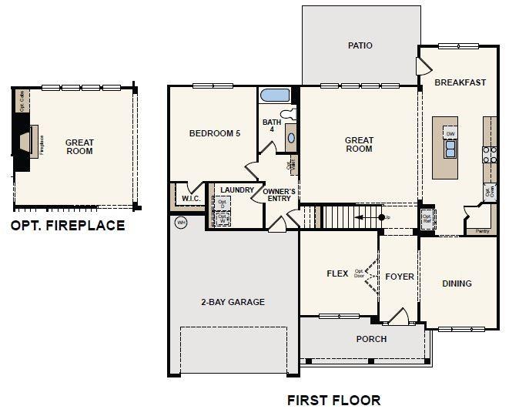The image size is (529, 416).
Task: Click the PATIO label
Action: click(360, 45)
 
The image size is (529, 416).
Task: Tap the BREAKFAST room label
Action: click(460, 82)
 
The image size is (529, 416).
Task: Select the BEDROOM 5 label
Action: click(215, 133)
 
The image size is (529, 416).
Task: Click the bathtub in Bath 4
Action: click(275, 96)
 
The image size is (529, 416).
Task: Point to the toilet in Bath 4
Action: click(290, 114)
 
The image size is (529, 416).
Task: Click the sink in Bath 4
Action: click(290, 139)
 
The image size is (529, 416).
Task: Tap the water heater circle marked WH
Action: click(182, 223)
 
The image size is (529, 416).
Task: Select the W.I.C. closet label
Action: click(191, 199)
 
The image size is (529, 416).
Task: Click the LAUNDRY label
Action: click(236, 190)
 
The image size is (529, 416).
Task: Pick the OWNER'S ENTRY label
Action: click(280, 196)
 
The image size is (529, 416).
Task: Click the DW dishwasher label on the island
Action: click(450, 133)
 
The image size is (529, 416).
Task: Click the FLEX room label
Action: click(337, 273)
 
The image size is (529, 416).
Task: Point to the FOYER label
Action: click(400, 277)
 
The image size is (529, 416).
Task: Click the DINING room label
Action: click(457, 283)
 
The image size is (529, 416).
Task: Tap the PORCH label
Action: click(371, 339)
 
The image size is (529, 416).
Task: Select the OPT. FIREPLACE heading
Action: click(67, 226)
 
